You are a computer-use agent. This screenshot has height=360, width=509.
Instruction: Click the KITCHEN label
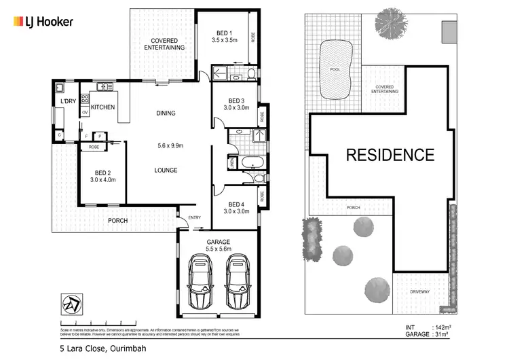[102, 107]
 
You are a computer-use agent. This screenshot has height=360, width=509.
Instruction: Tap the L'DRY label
[68, 102]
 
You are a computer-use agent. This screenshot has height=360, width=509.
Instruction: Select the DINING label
[166, 113]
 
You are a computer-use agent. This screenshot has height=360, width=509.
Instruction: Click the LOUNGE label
[166, 170]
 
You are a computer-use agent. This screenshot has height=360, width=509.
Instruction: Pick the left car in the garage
[202, 281]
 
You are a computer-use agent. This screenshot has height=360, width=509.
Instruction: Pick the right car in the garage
[237, 281]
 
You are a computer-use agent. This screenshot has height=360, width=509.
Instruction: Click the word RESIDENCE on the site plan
[390, 155]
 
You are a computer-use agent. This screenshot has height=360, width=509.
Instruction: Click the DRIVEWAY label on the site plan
[420, 291]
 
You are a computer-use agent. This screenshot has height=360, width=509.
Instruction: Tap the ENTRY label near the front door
[195, 217]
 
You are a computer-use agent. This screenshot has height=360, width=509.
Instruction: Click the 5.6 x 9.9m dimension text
[166, 145]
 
